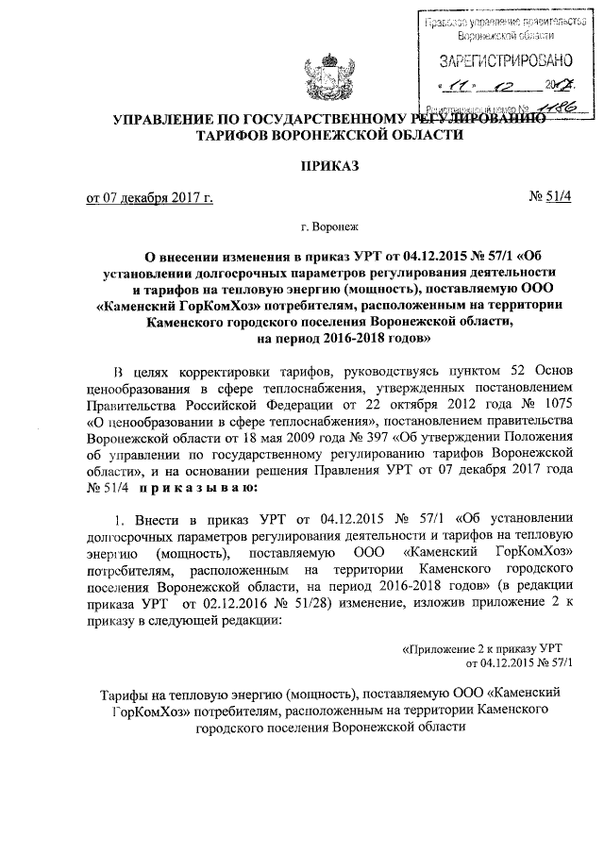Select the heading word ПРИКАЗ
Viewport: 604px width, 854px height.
[x=327, y=167]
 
